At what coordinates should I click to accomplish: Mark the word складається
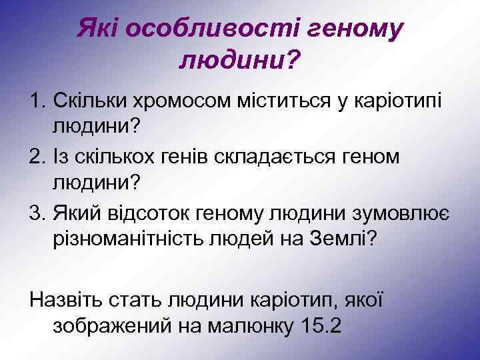tap(267, 156)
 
